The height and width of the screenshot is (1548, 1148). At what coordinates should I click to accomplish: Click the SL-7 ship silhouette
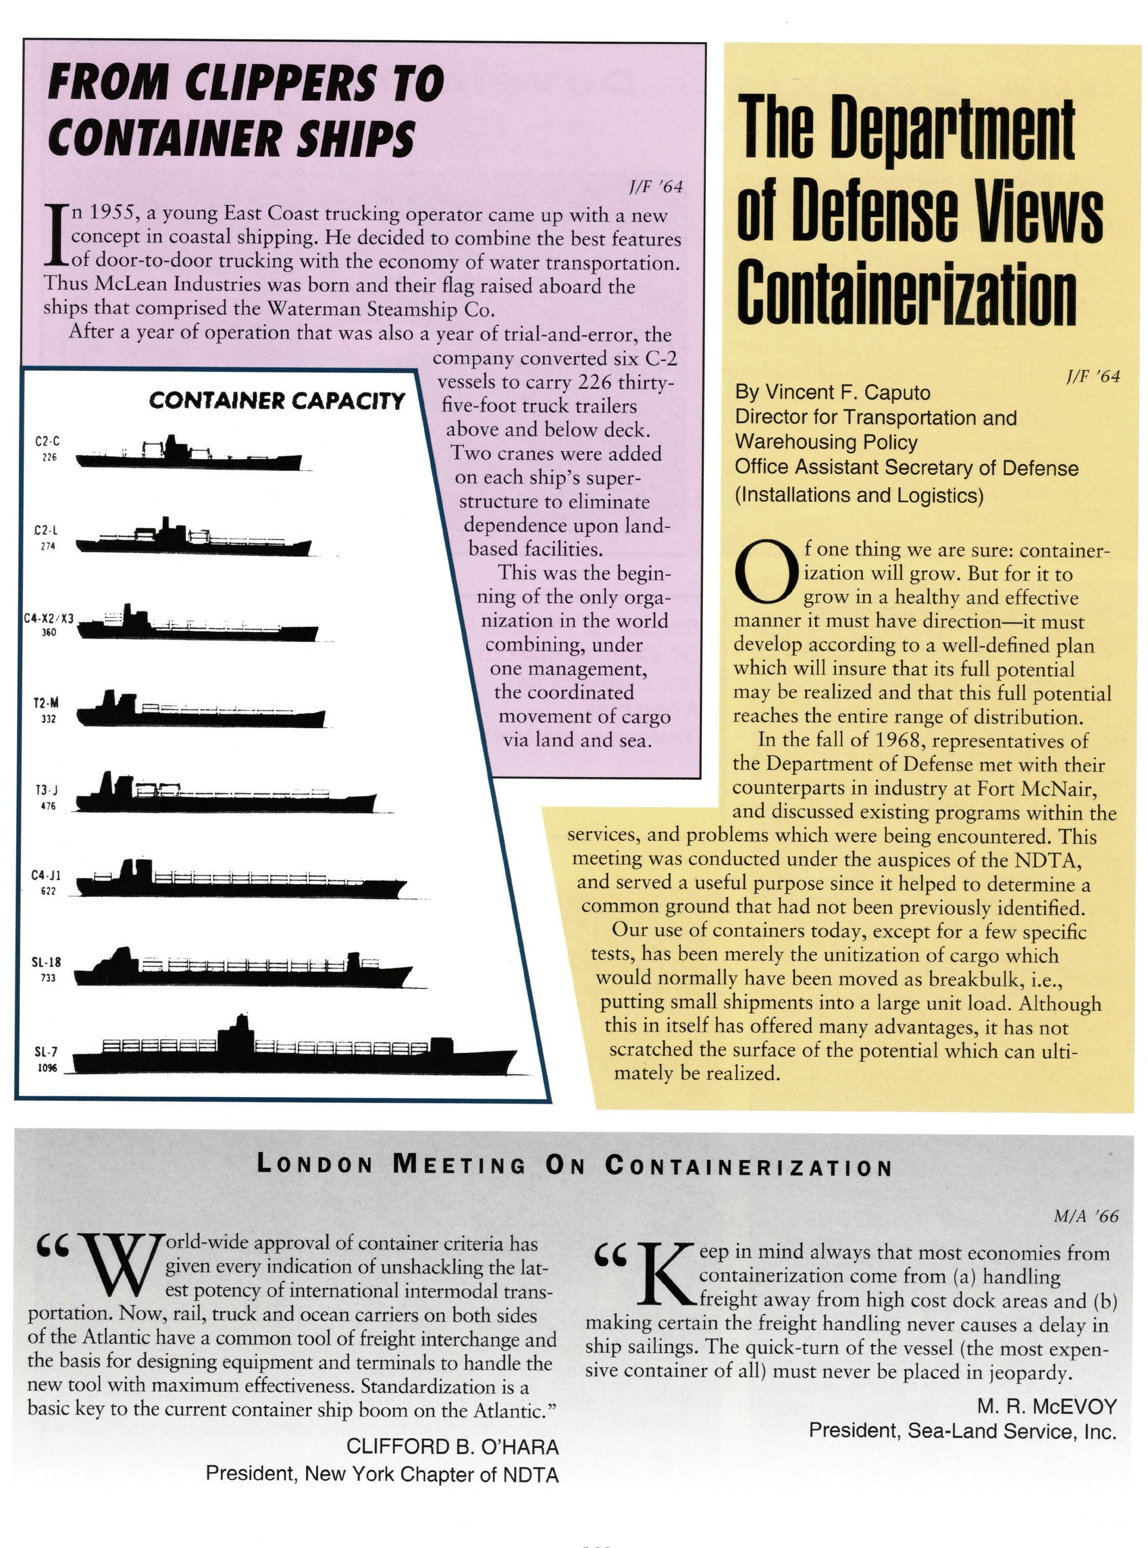tap(292, 1056)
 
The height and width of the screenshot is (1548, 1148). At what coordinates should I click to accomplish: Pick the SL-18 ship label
tap(47, 962)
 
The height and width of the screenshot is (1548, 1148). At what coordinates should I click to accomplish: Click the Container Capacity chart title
tap(276, 401)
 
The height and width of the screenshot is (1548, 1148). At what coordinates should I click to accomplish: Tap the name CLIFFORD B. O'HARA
tap(452, 1447)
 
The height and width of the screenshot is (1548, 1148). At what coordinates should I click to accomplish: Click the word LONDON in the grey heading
tap(316, 1165)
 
